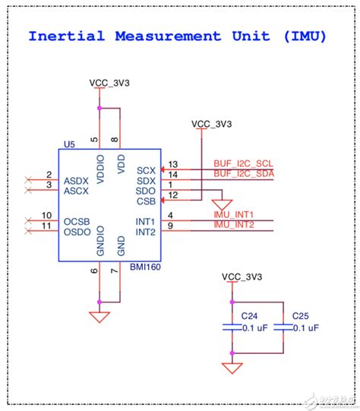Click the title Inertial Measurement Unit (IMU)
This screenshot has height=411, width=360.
pos(177,36)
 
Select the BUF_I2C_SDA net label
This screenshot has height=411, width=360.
pos(243,174)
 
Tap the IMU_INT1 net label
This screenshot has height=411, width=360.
pos(233,215)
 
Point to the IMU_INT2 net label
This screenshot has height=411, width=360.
pos(233,225)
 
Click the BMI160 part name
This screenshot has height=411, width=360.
pos(142,269)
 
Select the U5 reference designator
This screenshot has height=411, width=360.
pos(70,143)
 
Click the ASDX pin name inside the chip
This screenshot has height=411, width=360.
pos(77,181)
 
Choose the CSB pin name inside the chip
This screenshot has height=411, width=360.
pos(146,201)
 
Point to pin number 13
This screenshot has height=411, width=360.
pos(172,164)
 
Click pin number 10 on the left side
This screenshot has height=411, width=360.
pos(47,216)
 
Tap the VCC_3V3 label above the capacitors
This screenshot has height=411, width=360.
pos(242,276)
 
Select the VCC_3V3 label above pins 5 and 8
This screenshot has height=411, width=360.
pos(109,83)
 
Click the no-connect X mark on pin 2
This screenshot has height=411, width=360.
pos(29,180)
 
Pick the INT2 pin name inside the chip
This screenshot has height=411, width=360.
pos(144,231)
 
